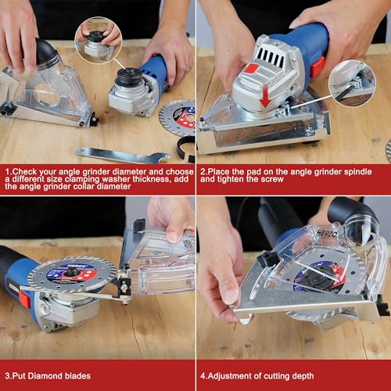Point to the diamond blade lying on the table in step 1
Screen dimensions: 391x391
coord(178,117)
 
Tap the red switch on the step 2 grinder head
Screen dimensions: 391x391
coord(253,68)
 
